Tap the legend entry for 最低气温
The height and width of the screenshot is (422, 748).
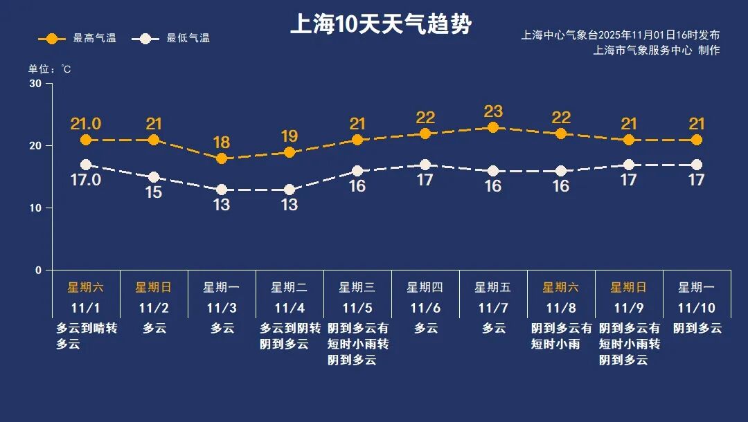point(174,39)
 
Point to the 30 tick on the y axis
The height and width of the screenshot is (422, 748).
point(35,84)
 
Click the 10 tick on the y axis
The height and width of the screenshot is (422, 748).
point(35,208)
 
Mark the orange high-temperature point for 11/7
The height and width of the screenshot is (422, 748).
point(493,127)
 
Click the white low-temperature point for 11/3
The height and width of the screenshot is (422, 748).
point(222,190)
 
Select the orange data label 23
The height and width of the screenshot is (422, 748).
point(493,111)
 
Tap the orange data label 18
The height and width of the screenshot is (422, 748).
point(222,143)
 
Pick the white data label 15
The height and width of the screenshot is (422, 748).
point(154,192)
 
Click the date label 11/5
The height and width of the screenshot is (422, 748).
point(357,307)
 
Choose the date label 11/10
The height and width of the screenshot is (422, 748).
point(697,307)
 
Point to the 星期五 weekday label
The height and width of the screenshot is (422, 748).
point(493,287)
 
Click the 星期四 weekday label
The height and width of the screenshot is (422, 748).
point(425,287)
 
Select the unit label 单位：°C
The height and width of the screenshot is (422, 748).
point(49,69)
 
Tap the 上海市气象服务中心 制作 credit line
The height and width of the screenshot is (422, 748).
point(656,51)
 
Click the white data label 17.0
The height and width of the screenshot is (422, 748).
point(86,180)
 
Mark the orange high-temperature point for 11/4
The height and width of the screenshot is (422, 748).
point(290,152)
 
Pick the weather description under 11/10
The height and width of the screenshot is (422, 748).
point(697,328)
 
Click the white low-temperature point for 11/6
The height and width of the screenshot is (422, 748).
point(425,165)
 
